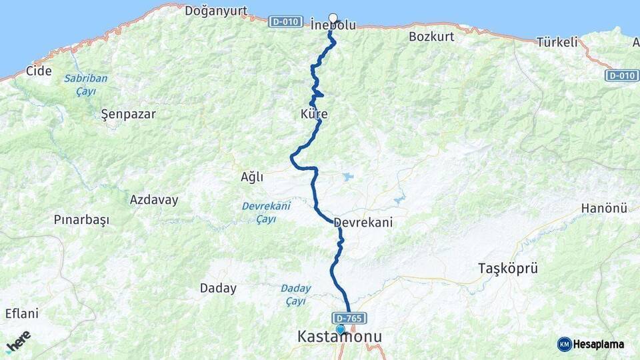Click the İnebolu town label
(333, 25)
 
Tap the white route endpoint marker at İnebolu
(333, 18)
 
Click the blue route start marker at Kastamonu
(340, 329)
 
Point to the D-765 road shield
(349, 319)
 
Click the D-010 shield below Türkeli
(621, 75)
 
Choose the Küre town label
(314, 115)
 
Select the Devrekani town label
(363, 223)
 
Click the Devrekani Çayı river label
(266, 212)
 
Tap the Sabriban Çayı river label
(85, 85)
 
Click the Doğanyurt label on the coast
(215, 11)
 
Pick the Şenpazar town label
(128, 114)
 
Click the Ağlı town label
(252, 177)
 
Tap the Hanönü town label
(604, 209)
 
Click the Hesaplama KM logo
(591, 344)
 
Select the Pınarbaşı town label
(81, 219)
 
